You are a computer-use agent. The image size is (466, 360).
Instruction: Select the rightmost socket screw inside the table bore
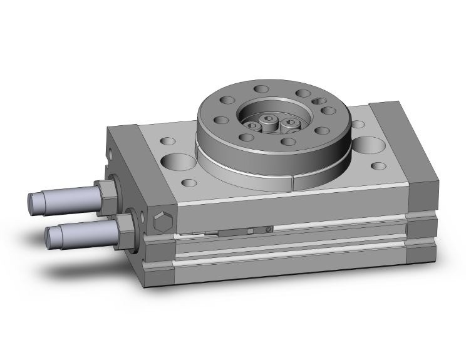pyautogui.click(x=292, y=123)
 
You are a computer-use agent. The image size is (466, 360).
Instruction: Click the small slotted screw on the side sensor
pyautogui.click(x=268, y=229)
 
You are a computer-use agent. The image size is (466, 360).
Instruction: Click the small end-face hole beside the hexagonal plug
pyautogui.click(x=145, y=219)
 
